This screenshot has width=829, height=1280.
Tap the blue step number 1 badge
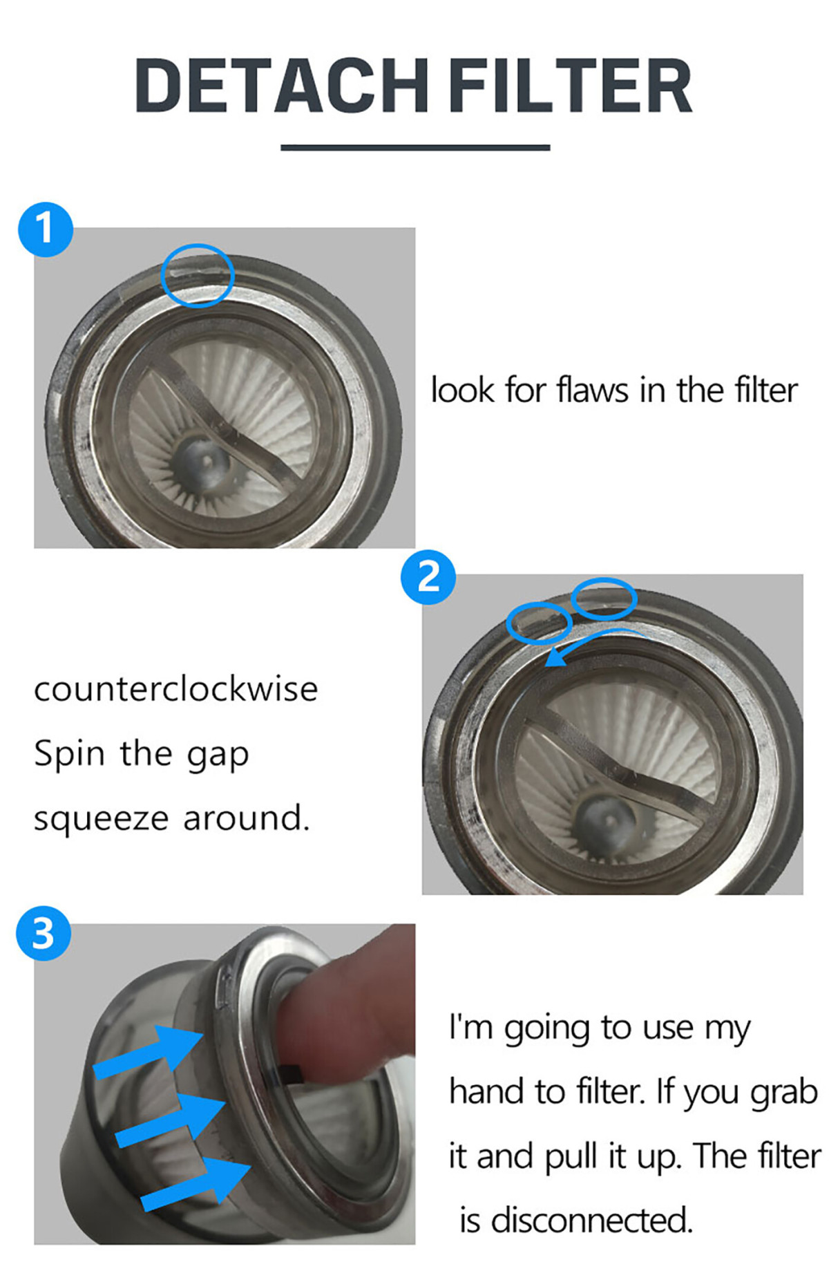coord(46,229)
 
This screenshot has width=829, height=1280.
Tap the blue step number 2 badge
coord(428,577)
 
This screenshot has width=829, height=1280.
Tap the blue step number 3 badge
coord(44,933)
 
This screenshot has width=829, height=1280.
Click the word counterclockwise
coord(176,690)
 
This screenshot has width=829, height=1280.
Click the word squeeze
coord(102,820)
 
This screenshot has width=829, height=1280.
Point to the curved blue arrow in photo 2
coord(594,637)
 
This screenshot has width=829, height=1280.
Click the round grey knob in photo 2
coord(608,822)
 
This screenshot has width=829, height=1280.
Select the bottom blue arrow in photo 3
coord(196,1183)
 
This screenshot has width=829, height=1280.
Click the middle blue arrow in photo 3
coord(171,1120)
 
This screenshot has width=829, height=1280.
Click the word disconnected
coord(591,1221)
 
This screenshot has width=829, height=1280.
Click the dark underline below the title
coord(415,147)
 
